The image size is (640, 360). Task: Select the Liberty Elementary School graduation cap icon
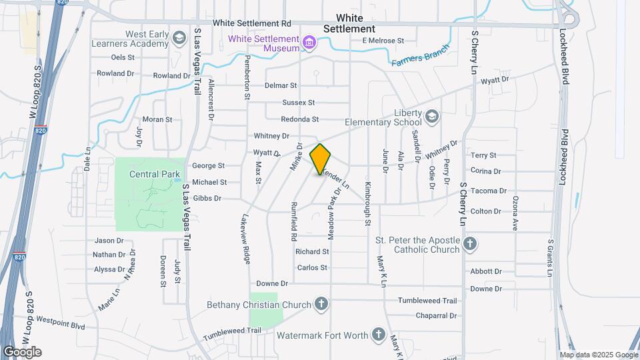point(432,117)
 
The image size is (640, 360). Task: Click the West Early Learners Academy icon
point(178,38)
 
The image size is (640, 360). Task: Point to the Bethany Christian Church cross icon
point(321,305)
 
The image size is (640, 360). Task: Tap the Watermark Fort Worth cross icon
point(379,334)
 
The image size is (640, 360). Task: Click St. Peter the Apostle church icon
point(470,244)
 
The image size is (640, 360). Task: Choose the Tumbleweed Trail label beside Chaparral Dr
point(437,301)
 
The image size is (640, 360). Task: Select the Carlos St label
point(312,267)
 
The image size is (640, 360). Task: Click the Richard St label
point(312,251)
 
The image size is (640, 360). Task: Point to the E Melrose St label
point(383,41)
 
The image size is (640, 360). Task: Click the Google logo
point(22,352)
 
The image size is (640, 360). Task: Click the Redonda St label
point(300,119)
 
